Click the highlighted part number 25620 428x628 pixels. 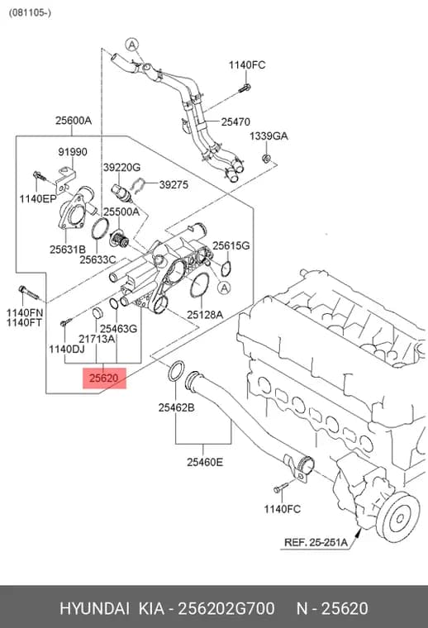[x=104, y=378]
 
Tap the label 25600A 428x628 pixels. [x=74, y=120]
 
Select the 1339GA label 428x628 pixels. [x=269, y=136]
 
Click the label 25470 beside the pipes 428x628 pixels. [x=235, y=121]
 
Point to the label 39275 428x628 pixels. [x=174, y=184]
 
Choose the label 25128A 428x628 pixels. [x=205, y=315]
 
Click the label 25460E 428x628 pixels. [x=205, y=462]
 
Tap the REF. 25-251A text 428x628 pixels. [x=316, y=542]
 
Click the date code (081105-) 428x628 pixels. [x=30, y=12]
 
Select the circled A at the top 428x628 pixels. [x=131, y=45]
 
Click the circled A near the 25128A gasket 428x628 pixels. [x=224, y=288]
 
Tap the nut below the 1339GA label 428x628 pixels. [x=265, y=158]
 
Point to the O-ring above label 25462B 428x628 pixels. [x=176, y=371]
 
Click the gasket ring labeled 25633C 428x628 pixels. [x=99, y=229]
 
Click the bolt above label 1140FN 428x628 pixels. [x=28, y=293]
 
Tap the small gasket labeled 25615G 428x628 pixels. [x=226, y=268]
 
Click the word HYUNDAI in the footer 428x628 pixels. [x=94, y=608]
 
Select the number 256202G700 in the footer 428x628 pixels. [x=226, y=608]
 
